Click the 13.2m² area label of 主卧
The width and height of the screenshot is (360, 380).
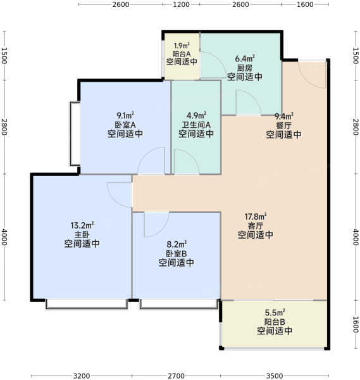tap(82, 225)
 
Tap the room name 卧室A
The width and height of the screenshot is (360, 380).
tap(125, 125)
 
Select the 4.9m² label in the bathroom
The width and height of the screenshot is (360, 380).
tap(196, 115)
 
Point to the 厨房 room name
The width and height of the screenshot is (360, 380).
tap(244, 68)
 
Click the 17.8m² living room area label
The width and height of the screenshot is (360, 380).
tap(256, 216)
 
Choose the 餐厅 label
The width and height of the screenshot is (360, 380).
tap(283, 125)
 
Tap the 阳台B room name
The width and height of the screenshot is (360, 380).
tap(275, 322)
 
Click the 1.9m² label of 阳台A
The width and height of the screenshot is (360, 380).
tap(182, 46)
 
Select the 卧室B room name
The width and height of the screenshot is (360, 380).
tap(177, 253)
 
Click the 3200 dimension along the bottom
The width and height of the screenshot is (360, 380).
tap(82, 376)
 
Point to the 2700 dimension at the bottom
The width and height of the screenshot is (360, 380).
tap(176, 376)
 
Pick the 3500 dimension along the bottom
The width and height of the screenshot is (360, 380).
tap(275, 376)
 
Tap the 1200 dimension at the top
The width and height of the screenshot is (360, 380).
tap(181, 4)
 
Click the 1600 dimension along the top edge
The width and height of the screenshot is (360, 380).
tap(305, 4)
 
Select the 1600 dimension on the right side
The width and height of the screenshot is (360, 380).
tap(355, 324)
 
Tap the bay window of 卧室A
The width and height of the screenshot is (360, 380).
tap(75, 134)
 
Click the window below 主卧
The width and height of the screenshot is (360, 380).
tap(87, 304)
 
